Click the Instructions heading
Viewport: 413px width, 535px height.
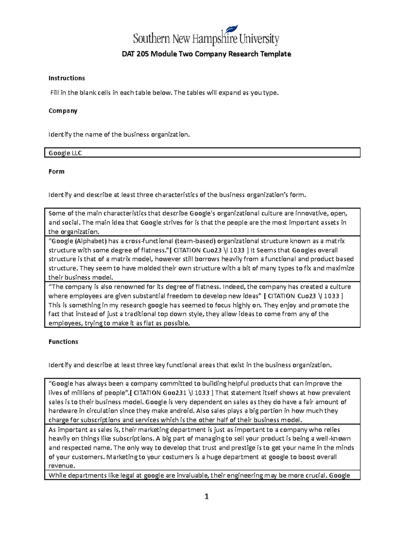tap(66, 78)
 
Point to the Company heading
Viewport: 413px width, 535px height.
tap(63, 111)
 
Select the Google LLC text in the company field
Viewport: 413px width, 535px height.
tap(65, 153)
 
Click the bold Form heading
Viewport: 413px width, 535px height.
tap(56, 172)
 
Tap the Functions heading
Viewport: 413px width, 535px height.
tap(63, 342)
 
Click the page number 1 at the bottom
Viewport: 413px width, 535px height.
tap(206, 497)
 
